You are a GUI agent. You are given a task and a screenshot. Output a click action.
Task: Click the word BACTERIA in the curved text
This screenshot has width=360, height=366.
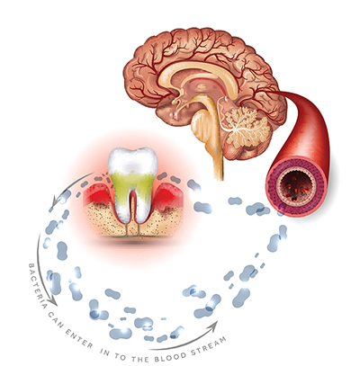(x=37, y=286)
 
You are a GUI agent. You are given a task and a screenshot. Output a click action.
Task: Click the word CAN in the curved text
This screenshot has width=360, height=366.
(x=55, y=318)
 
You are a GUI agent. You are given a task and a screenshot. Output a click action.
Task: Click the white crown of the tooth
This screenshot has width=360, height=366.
(x=133, y=161)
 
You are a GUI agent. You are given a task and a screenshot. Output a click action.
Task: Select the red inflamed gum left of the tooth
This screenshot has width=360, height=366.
(x=97, y=194)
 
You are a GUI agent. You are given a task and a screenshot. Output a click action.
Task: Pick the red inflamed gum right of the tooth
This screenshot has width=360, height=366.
(x=168, y=195)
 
